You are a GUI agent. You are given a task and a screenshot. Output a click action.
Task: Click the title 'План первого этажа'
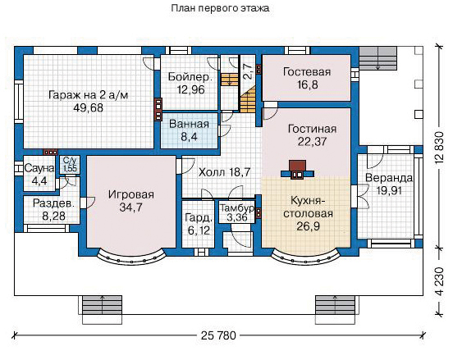pos(220,8)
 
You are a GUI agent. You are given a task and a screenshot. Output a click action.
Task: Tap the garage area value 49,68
pos(88,108)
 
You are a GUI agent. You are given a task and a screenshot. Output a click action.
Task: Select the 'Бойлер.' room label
pos(190,77)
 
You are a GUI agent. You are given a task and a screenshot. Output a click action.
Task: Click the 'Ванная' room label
pos(189,124)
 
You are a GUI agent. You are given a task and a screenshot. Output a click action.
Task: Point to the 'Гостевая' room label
pos(307,72)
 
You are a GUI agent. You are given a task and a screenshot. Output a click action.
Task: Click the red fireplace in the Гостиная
pos(297,166)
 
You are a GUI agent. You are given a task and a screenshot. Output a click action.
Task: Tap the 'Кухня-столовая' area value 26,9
pos(309,226)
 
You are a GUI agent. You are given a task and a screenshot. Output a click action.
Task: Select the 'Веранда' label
pos(389,178)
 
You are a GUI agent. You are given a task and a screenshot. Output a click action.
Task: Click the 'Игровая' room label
pos(131,194)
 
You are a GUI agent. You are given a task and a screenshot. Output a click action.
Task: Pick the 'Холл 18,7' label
pos(225,172)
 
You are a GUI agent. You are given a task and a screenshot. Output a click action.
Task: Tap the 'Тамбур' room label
pos(237,208)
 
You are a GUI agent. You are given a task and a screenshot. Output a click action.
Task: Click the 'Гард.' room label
pos(199,218)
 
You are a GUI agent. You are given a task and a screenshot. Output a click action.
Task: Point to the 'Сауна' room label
pos(39,169)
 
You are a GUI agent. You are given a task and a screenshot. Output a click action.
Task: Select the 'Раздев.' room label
pos(53,203)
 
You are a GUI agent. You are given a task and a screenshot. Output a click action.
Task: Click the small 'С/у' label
pos(70,161)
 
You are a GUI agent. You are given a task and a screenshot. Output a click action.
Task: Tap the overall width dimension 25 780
pos(218,335)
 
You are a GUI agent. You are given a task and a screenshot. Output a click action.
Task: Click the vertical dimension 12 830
pos(439,148)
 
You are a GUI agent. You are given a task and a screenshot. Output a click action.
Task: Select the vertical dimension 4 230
pos(439,281)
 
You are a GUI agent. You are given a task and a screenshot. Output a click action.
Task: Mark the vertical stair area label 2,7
pos(248,72)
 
